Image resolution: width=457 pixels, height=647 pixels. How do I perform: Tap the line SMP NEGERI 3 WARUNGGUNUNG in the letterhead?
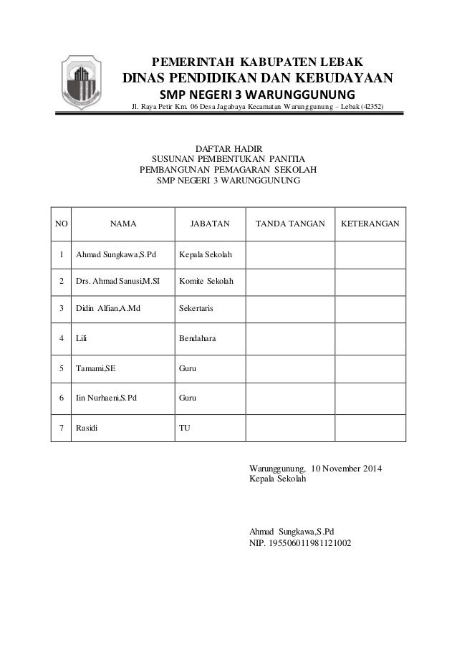point(256,95)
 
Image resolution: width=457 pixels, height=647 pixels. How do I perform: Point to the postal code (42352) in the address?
point(371,107)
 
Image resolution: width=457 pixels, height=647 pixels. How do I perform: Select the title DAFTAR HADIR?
point(228,146)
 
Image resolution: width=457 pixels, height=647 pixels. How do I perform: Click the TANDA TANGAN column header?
point(290,224)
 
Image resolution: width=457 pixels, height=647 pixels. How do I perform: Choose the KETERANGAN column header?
point(370,224)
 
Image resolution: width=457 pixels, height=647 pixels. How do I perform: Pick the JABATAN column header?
point(210,224)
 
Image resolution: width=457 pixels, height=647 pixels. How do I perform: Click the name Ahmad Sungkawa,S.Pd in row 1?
point(116,254)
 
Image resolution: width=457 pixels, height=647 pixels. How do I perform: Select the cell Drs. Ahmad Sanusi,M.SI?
point(118,282)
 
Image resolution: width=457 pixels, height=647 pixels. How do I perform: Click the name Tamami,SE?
point(96,369)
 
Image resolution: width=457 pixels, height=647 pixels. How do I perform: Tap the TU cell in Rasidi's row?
point(184,428)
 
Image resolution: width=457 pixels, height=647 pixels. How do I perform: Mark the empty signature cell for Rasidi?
point(290,428)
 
